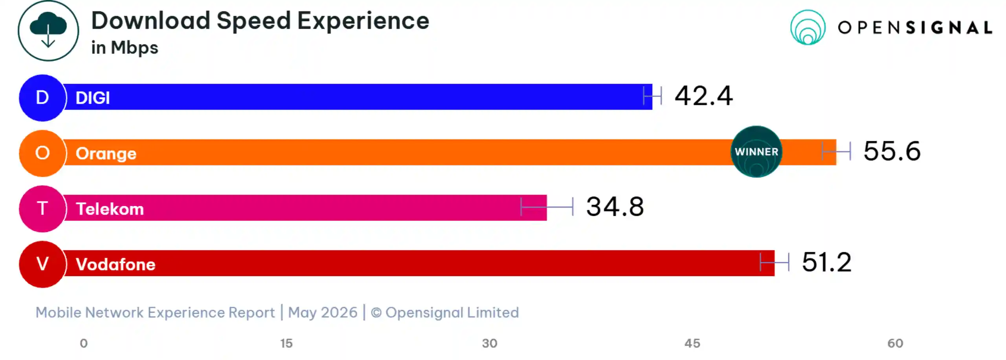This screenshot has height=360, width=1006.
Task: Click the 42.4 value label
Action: tap(703, 96)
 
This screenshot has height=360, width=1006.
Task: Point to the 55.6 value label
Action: tap(892, 151)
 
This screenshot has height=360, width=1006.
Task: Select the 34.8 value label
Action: tap(615, 207)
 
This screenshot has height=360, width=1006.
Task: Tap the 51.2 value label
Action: tap(826, 262)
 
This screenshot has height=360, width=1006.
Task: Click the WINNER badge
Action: tap(756, 152)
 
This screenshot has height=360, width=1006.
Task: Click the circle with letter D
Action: tap(42, 98)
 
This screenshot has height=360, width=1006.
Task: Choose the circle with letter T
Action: tap(42, 209)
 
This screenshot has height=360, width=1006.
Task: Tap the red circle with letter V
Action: tap(42, 264)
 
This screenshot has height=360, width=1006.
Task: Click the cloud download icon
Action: tap(48, 31)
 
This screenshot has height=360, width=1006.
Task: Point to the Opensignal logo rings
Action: tap(808, 28)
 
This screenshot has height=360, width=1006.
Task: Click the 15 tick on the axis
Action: tap(286, 343)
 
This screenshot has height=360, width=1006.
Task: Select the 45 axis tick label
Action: tap(692, 343)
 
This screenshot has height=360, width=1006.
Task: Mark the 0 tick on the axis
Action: tap(84, 343)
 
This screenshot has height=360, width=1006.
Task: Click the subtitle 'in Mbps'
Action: tap(125, 48)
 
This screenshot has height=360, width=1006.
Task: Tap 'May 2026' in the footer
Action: tap(323, 312)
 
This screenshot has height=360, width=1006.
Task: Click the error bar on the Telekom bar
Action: tap(547, 207)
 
